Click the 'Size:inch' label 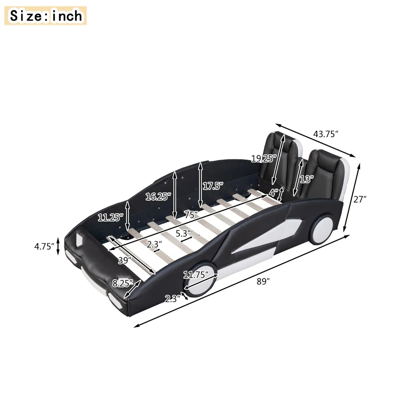tap(46, 16)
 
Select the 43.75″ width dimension tap(326, 134)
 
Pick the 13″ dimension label tap(307, 179)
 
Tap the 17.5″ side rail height tap(213, 186)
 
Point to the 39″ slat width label tap(124, 260)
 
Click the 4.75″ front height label tap(44, 246)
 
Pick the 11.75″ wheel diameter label tap(196, 275)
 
